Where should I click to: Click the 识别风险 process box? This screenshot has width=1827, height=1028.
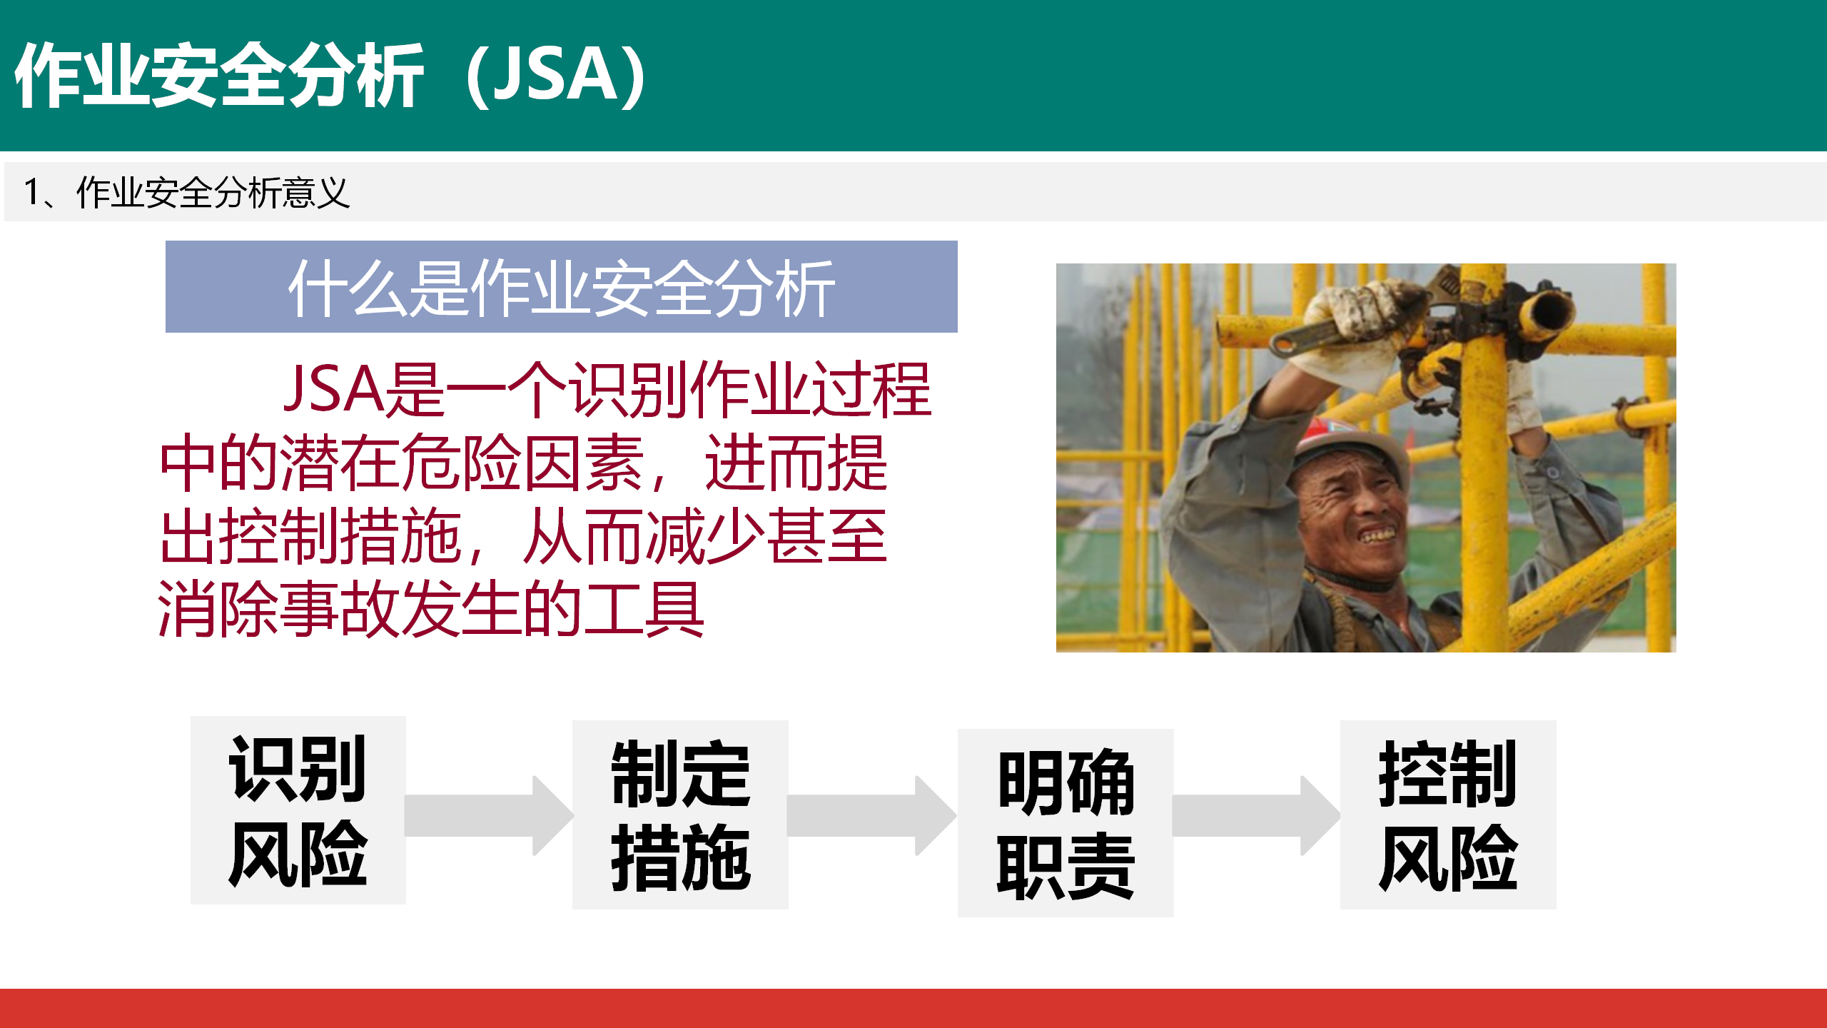[298, 810]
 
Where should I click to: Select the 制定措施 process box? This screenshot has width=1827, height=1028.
[680, 815]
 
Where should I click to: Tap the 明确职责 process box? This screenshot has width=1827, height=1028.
[1066, 822]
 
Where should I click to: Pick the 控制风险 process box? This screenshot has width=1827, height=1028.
[1448, 815]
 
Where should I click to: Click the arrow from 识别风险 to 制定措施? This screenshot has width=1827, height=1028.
[490, 815]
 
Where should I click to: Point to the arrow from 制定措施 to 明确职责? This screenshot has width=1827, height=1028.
[872, 815]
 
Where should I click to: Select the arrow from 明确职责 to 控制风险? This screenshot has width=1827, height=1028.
[1257, 815]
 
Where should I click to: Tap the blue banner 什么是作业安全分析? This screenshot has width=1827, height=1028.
[562, 286]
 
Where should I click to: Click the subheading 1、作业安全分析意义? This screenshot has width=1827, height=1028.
[187, 192]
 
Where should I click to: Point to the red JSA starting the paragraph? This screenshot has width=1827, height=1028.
[334, 389]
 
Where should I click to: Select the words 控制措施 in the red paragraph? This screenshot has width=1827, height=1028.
[310, 536]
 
